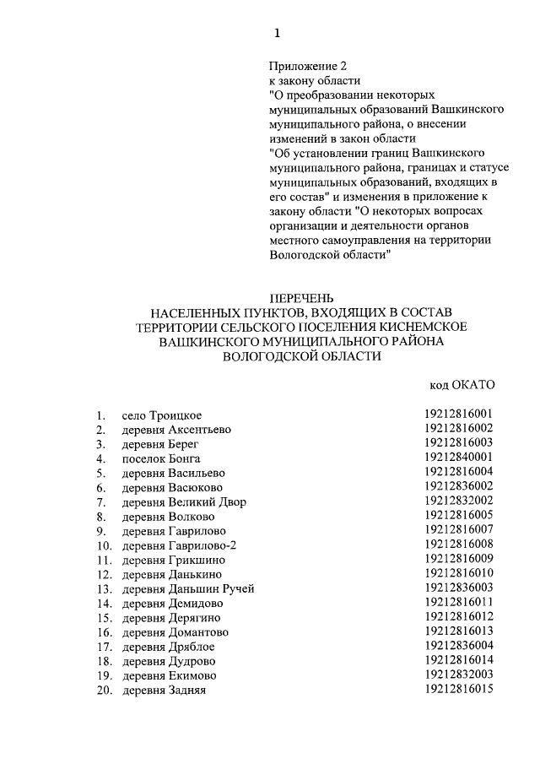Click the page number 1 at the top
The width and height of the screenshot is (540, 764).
point(276,33)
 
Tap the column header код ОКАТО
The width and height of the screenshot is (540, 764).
point(462,385)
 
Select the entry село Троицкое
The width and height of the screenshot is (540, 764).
point(162,415)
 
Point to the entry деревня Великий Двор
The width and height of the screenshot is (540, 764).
point(184,501)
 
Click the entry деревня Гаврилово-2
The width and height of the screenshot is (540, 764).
point(179,545)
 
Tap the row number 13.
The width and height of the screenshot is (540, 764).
point(104,588)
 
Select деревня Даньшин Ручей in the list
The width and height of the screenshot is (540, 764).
point(187,588)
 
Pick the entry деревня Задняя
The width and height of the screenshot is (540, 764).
point(165,690)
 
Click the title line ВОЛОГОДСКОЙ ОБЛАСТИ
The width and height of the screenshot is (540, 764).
point(301,356)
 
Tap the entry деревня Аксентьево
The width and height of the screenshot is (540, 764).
point(176,429)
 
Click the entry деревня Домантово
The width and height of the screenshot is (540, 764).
point(175,631)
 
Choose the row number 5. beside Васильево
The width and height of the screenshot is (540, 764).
point(101,473)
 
